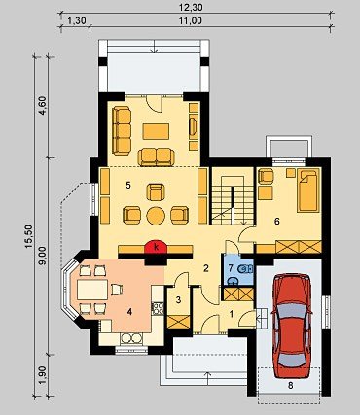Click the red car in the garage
[x=292, y=326]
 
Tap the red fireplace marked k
[x=156, y=247]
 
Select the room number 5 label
[x=128, y=186]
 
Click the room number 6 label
[x=276, y=222]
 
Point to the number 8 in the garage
[x=291, y=385]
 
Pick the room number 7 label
[x=231, y=268]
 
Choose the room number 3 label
[x=178, y=300]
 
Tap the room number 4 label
[x=129, y=312]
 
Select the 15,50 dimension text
[x=29, y=236]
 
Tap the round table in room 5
[x=156, y=216]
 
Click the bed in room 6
[x=307, y=190]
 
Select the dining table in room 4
[x=92, y=290]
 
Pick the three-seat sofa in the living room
[x=122, y=130]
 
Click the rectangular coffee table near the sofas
[x=156, y=131]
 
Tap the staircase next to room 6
[x=233, y=200]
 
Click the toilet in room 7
[x=244, y=268]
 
